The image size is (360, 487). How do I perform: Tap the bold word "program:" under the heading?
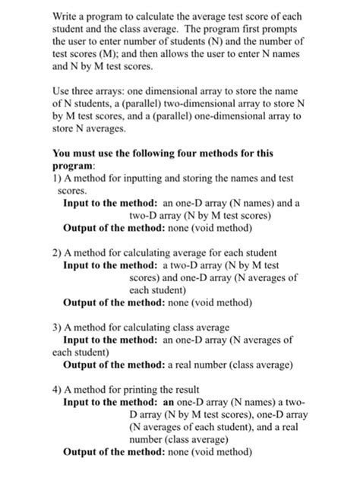[x=74, y=166]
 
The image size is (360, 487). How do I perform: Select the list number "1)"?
[x=58, y=179]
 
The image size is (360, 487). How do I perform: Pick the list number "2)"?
[x=58, y=253]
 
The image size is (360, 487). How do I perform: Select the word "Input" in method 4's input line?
[x=78, y=402]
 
